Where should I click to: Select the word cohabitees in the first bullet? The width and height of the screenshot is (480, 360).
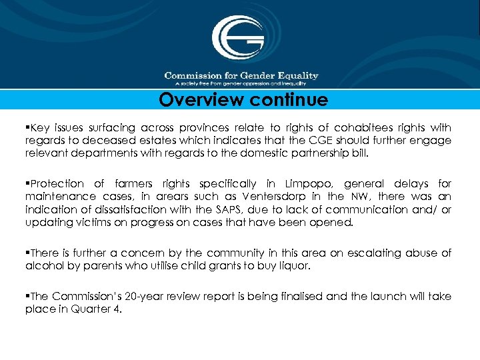365,127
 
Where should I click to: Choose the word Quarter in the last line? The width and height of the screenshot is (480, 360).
87,309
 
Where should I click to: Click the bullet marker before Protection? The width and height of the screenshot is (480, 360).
28,183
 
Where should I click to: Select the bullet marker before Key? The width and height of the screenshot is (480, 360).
28,127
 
